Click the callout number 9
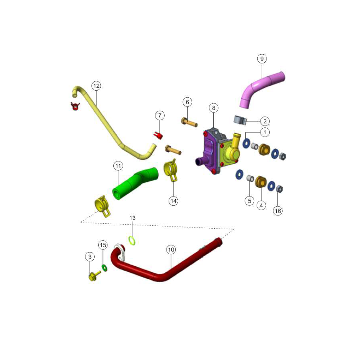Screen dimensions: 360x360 262,59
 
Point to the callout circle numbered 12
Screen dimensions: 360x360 96,86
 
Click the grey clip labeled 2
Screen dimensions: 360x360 240,121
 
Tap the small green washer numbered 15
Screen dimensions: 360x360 104,268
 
